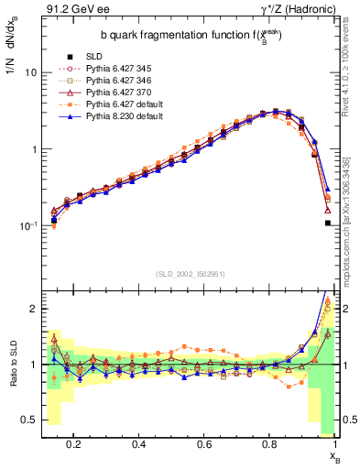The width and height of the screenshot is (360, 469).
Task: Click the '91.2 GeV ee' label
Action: point(71,10)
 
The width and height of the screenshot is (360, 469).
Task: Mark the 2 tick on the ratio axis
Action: point(32,309)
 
